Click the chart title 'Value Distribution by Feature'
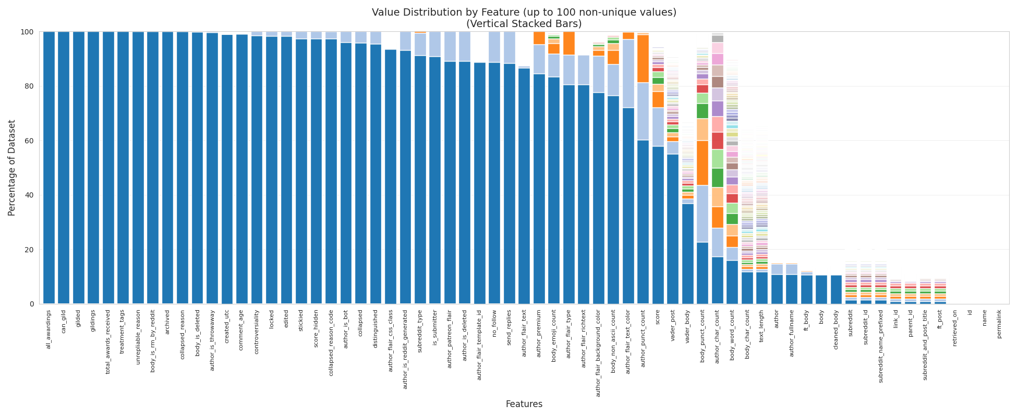point(524,13)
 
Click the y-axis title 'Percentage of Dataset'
point(12,168)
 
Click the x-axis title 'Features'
point(524,404)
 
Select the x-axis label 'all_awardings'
point(49,329)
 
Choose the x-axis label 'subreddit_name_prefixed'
point(881,347)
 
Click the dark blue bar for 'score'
point(658,224)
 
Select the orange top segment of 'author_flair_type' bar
point(568,43)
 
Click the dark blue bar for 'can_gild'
point(64,167)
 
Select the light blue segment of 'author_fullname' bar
point(792,269)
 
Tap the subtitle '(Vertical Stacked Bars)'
point(524,24)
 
